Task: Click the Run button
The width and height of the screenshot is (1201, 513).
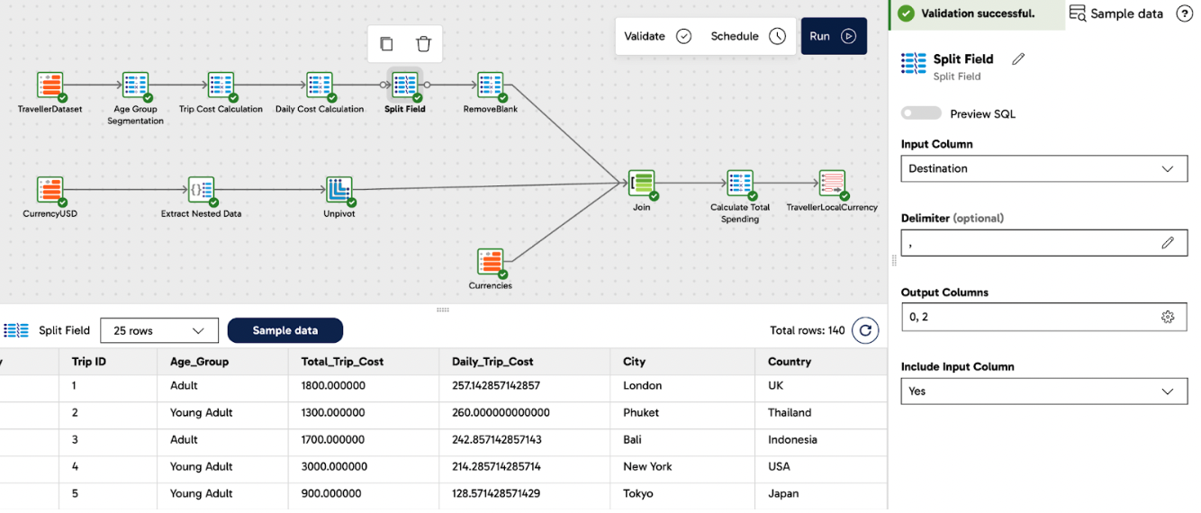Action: [833, 36]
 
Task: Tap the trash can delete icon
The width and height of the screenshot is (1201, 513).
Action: [423, 44]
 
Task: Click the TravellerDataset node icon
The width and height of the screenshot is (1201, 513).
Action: [50, 85]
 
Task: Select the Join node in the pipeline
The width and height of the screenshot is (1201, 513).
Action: [641, 183]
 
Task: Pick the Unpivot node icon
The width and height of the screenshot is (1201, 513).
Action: [339, 190]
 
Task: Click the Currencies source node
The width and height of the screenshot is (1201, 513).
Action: [490, 262]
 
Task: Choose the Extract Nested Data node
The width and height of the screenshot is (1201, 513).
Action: [201, 190]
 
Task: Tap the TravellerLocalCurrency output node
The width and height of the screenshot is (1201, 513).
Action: [832, 183]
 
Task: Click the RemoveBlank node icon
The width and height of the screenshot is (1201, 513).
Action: [490, 85]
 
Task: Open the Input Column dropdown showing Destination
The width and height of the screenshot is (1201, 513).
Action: [1043, 168]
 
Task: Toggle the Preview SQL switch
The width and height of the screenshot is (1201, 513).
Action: [921, 113]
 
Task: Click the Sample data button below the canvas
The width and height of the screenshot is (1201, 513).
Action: [284, 330]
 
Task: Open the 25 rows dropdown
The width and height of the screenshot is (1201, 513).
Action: [159, 330]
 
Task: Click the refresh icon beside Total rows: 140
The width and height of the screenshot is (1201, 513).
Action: [865, 330]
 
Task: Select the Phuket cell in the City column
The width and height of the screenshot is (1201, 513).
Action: [640, 412]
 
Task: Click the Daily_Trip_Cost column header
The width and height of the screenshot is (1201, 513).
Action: [492, 361]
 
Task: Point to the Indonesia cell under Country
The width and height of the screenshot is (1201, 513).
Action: [792, 439]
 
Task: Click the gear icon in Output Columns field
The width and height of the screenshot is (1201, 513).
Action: [1168, 316]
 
